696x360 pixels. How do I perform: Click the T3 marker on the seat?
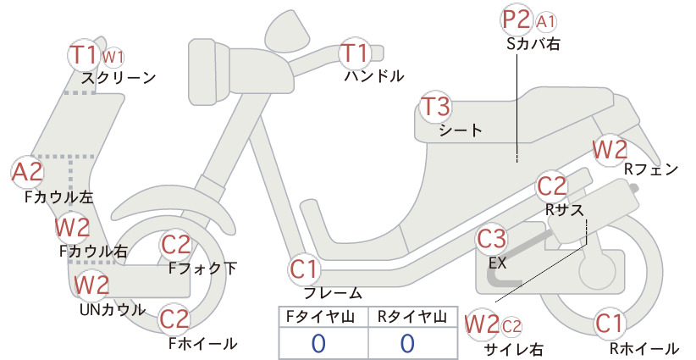point(435,107)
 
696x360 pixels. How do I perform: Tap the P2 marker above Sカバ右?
point(516,19)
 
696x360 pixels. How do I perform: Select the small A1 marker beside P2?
point(545,22)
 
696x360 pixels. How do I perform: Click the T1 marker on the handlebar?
point(354,53)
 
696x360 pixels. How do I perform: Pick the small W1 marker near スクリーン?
point(113,58)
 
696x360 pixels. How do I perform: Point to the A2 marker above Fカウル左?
point(28,172)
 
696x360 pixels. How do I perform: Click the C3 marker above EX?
point(491,239)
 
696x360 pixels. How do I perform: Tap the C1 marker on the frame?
point(304,269)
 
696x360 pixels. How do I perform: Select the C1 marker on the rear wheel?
point(609,324)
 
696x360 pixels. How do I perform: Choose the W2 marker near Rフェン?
point(610,150)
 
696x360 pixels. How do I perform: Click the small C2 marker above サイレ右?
point(511,327)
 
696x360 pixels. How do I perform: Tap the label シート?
point(461,130)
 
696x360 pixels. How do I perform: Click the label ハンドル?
point(374,76)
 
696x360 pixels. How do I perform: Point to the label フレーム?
point(333,293)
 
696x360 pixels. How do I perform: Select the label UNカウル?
point(113,310)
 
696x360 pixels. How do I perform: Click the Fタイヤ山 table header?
point(320,317)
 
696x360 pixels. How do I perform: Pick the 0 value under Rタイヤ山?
point(407,344)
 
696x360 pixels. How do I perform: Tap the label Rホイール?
point(644,349)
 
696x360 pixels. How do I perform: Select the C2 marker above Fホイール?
point(175,318)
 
